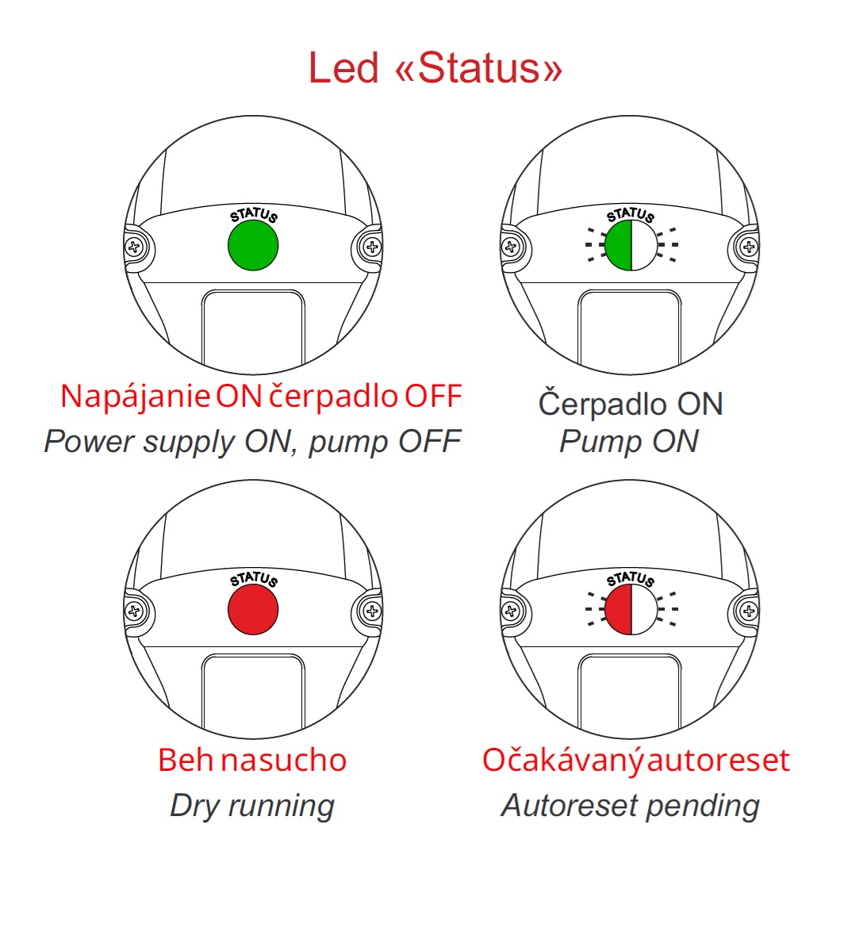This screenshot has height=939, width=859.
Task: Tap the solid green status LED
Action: pyautogui.click(x=253, y=245)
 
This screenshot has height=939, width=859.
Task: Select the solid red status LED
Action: pyautogui.click(x=253, y=610)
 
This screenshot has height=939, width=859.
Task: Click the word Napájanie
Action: pyautogui.click(x=135, y=396)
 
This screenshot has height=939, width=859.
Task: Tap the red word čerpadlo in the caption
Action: pyautogui.click(x=333, y=396)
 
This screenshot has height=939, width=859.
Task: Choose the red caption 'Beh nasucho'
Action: pyautogui.click(x=252, y=760)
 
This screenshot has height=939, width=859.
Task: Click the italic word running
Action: pyautogui.click(x=281, y=806)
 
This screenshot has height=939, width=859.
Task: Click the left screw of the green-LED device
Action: pyautogui.click(x=134, y=247)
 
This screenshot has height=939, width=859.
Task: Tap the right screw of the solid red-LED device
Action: pyautogui.click(x=371, y=611)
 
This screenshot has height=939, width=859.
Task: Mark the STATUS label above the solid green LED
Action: pyautogui.click(x=254, y=216)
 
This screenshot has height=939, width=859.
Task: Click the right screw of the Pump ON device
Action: pyautogui.click(x=748, y=247)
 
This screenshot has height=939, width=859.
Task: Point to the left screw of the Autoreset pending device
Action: pyautogui.click(x=512, y=611)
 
